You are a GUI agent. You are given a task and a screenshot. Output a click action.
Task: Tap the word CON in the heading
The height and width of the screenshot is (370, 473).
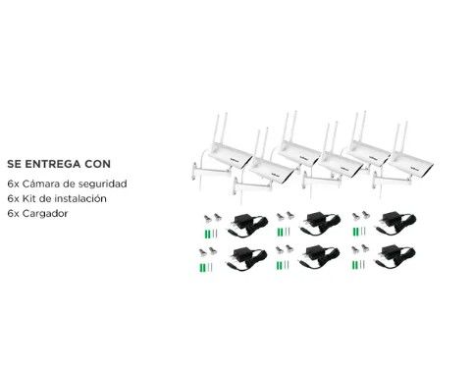[x=98, y=164]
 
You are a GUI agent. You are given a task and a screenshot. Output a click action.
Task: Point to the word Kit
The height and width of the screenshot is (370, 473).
[x=28, y=198]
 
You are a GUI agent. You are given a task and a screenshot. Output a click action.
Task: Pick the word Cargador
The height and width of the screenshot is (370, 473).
[x=45, y=214]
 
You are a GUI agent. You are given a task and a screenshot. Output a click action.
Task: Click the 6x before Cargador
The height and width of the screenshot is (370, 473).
[x=13, y=214]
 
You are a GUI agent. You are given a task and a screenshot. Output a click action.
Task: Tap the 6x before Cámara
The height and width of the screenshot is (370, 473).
[x=13, y=184]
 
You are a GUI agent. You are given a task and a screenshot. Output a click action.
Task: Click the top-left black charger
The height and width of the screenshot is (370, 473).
[x=247, y=225]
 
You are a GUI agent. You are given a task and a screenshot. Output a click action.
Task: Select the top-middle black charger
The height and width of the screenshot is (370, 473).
[x=320, y=224]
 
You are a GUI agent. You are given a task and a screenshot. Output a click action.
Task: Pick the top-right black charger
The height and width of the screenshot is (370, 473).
[x=395, y=224]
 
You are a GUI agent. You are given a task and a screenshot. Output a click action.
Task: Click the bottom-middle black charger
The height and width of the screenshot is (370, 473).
[x=319, y=258]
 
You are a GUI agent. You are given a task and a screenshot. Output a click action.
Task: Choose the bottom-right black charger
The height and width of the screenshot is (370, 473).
[x=394, y=257]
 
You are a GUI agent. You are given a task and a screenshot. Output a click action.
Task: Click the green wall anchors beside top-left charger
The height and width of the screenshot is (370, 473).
[x=207, y=235]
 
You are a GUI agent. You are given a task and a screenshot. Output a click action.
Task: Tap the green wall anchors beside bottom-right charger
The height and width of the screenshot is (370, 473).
[x=355, y=265]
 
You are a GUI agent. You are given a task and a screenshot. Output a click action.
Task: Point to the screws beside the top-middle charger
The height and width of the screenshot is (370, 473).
[x=285, y=216]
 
